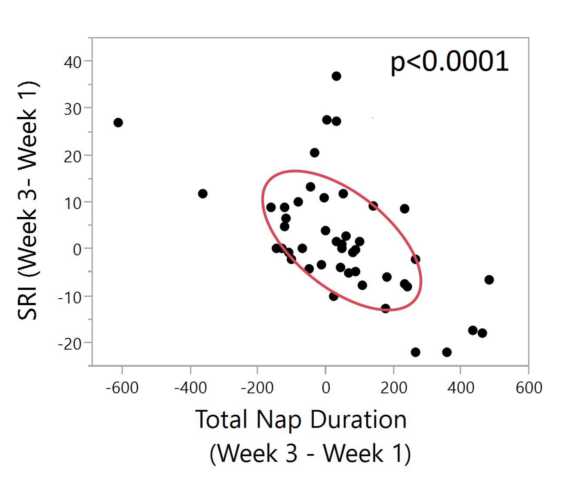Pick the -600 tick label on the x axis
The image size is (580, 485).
pos(122,388)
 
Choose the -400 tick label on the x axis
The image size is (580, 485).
pos(190,388)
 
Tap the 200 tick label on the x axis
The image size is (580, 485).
pos(394,388)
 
